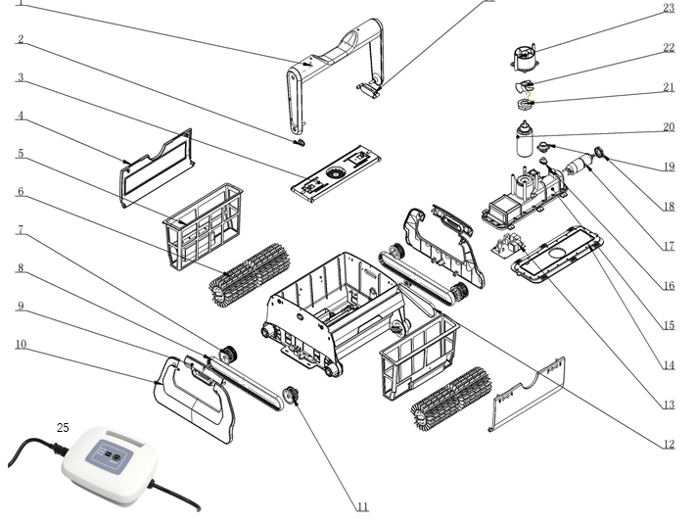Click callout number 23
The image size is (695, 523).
tap(669, 9)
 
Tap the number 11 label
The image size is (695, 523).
tap(362, 507)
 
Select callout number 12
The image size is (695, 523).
tap(669, 444)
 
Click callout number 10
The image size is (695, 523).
tap(20, 345)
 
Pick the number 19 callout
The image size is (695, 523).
tap(669, 166)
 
